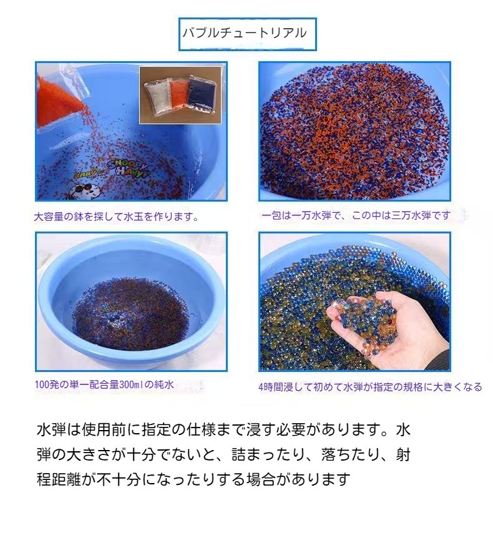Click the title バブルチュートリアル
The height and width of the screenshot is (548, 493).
coord(245,33)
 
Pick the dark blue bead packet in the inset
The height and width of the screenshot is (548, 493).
coord(200,92)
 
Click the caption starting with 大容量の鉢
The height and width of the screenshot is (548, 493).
coord(117,217)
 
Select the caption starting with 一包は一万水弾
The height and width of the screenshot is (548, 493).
coord(355,215)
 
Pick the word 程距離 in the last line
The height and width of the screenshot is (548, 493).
coord(59,479)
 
